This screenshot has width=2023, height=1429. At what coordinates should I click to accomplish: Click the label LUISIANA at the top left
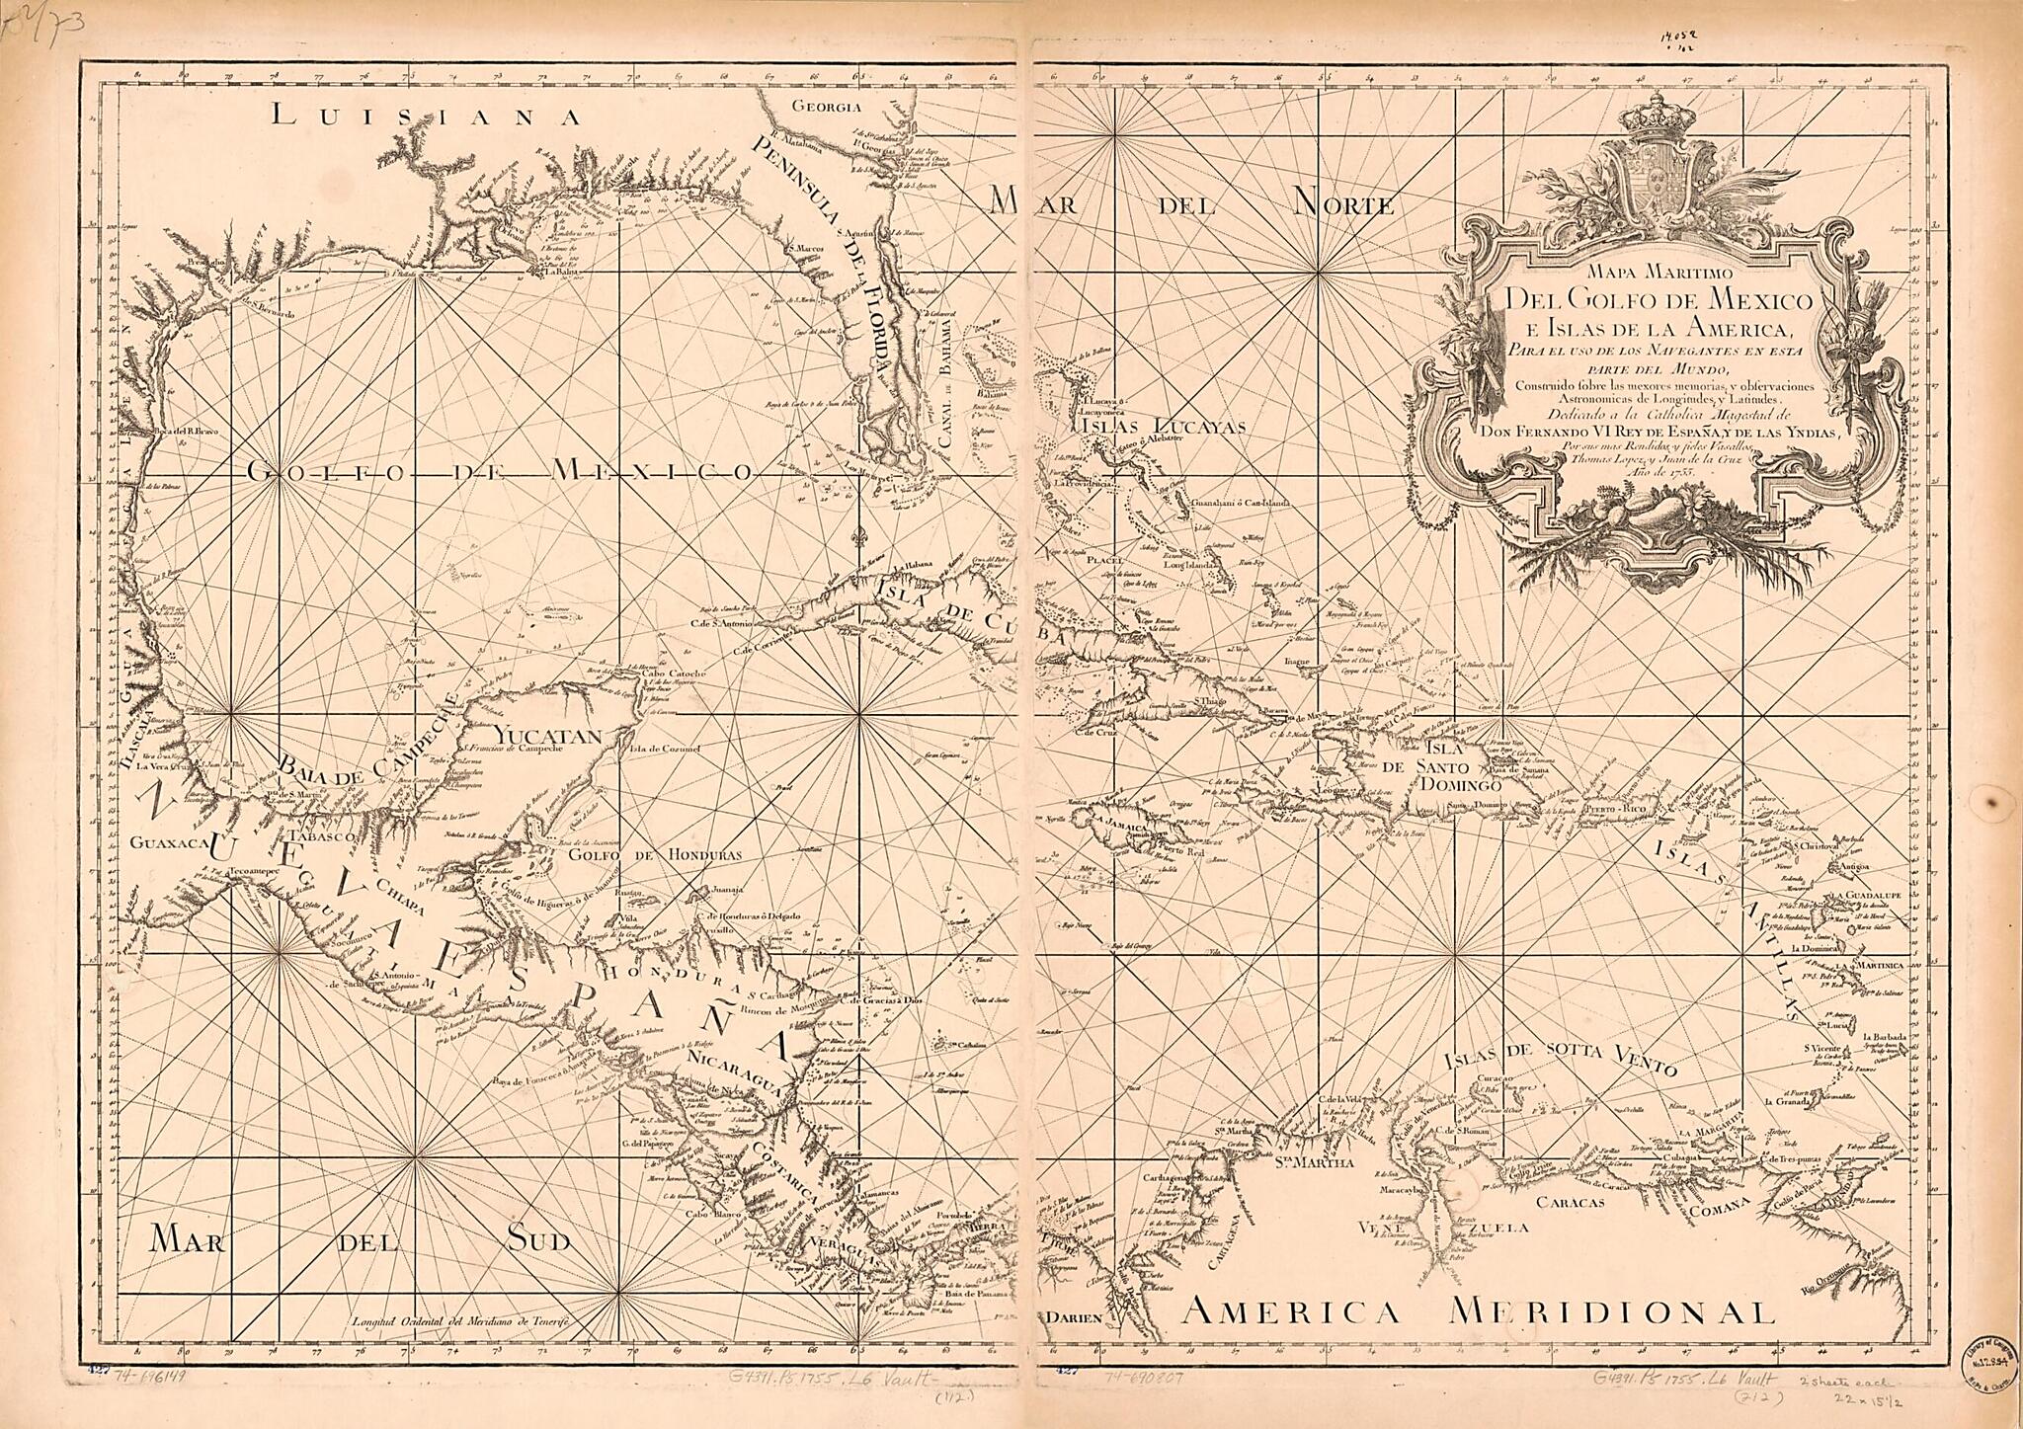coord(425,117)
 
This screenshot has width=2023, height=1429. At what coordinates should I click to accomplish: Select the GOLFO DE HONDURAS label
coord(654,855)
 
